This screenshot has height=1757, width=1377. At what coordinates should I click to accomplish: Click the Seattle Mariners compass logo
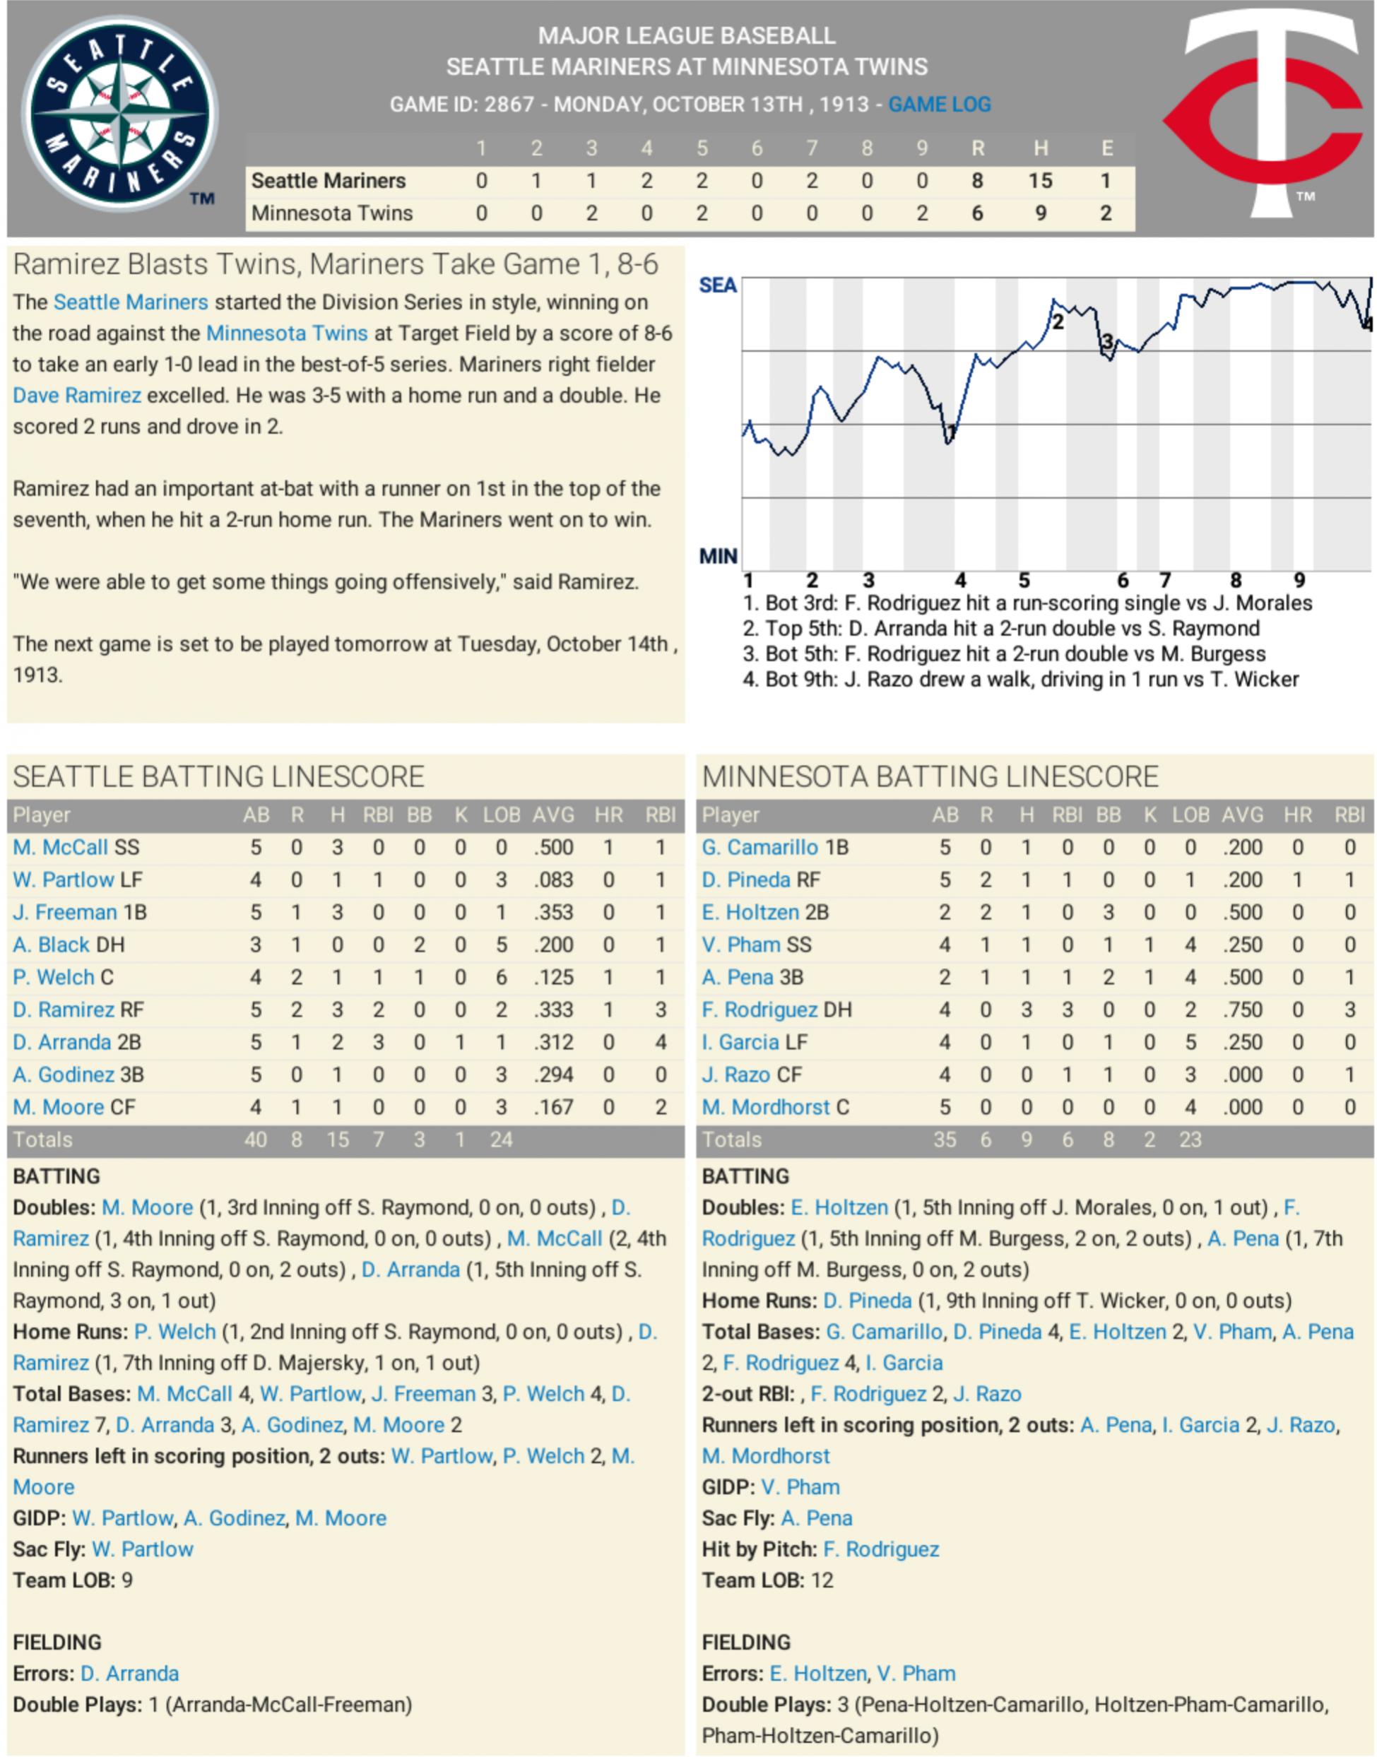(119, 114)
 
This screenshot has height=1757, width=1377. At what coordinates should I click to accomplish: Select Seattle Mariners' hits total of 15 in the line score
(1040, 181)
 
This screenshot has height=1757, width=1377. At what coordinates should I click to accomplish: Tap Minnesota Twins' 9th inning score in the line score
(921, 213)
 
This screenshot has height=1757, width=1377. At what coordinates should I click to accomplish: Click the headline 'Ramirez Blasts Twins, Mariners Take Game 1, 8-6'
(336, 264)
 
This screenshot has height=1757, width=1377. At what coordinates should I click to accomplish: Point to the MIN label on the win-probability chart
(718, 556)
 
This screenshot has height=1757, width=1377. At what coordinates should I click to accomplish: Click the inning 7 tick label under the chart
(1164, 580)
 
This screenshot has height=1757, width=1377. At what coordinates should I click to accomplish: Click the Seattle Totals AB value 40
(255, 1140)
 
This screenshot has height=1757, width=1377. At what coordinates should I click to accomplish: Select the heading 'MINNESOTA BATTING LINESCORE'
(930, 776)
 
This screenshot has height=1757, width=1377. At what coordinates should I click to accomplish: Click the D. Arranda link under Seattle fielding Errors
(129, 1673)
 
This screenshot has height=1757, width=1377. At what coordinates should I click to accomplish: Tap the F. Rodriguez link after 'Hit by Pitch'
(880, 1549)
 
